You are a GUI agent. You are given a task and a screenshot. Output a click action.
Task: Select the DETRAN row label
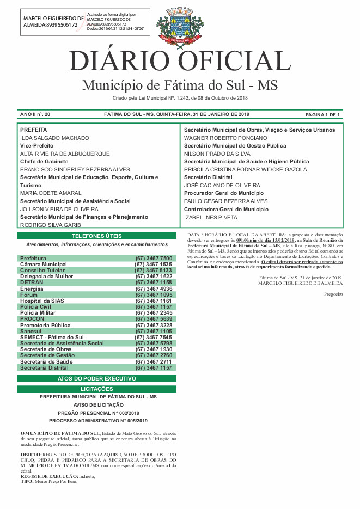(32, 283)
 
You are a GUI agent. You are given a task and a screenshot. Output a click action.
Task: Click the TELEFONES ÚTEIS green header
(97, 236)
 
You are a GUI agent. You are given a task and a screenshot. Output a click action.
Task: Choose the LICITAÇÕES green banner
(97, 389)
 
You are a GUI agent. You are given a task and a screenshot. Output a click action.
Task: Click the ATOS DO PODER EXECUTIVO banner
(97, 378)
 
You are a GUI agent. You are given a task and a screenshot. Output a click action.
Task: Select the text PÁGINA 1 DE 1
(322, 115)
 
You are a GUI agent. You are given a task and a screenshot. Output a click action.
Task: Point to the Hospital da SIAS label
(42, 301)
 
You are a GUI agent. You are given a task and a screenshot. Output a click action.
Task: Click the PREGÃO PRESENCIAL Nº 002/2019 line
(98, 413)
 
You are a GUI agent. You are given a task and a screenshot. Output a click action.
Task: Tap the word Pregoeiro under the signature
(333, 294)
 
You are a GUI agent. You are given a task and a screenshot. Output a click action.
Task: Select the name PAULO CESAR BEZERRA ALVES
(225, 201)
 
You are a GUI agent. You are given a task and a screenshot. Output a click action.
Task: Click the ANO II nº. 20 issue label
(35, 115)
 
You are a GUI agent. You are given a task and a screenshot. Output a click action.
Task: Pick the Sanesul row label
(31, 331)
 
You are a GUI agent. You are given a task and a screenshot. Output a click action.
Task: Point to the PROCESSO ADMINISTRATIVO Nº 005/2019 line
(98, 421)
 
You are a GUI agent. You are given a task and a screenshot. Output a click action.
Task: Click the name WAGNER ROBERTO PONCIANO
(225, 138)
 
